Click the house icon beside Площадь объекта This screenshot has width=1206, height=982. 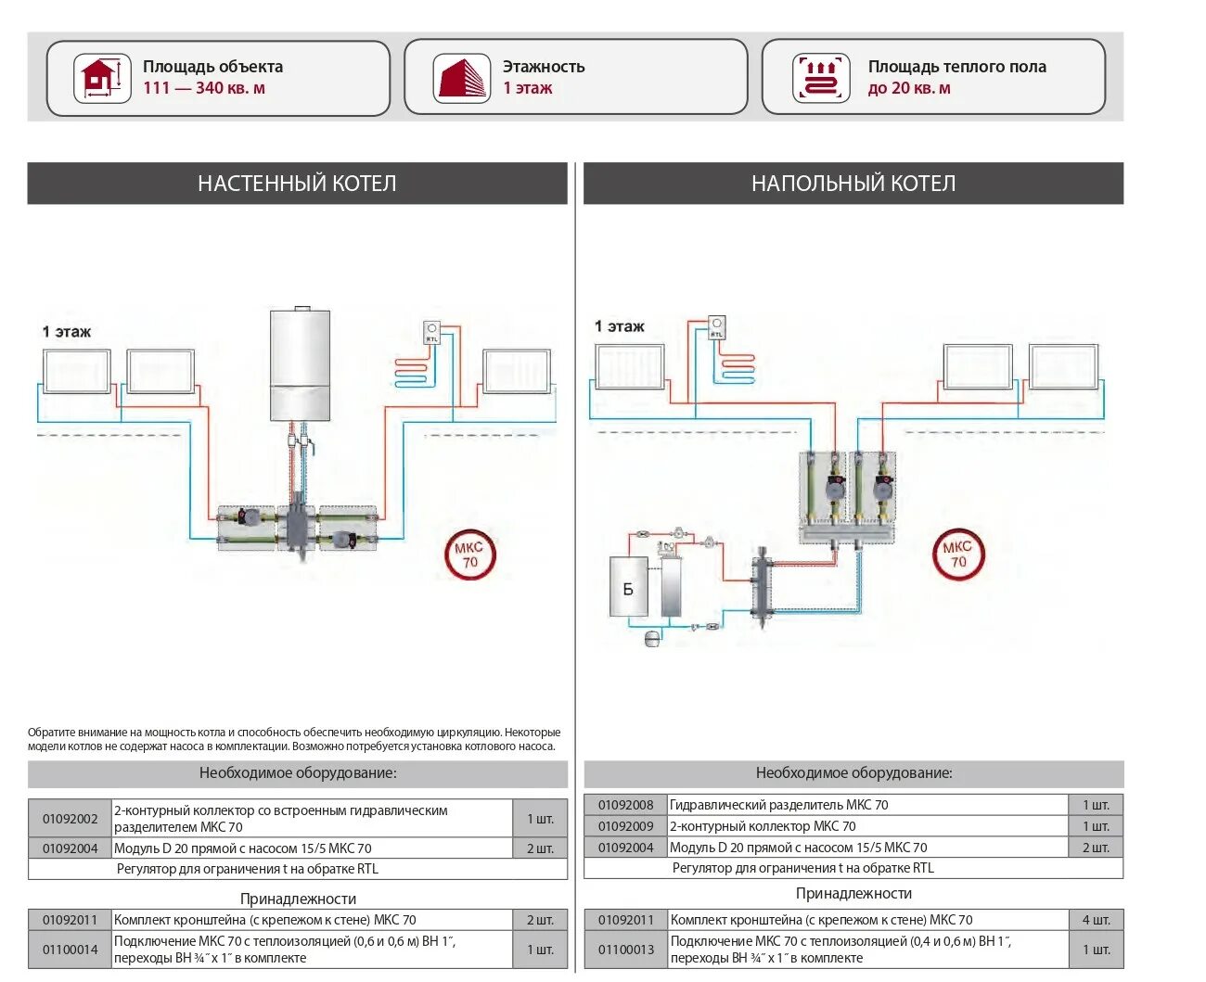102,78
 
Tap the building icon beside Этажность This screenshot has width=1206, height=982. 461,78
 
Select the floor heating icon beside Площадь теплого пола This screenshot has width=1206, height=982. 821,78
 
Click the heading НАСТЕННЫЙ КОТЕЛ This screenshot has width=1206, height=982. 297,184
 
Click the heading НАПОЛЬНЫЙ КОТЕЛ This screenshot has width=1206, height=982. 853,184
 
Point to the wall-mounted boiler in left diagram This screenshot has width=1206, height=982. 300,364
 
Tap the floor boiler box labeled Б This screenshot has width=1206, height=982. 628,587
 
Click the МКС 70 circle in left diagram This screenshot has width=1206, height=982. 470,555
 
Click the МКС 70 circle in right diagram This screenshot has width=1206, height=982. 958,555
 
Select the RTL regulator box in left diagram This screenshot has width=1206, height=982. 431,332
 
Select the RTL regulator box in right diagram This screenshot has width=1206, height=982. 716,327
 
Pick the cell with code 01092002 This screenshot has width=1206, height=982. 70,819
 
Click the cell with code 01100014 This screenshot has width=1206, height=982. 70,950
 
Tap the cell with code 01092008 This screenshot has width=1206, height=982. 625,805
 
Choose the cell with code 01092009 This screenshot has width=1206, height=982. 625,826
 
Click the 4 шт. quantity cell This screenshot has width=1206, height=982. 1096,920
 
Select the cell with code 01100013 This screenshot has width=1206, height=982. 625,950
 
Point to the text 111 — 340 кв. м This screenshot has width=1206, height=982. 204,88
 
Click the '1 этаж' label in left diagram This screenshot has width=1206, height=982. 67,332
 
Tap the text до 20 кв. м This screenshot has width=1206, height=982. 909,88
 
